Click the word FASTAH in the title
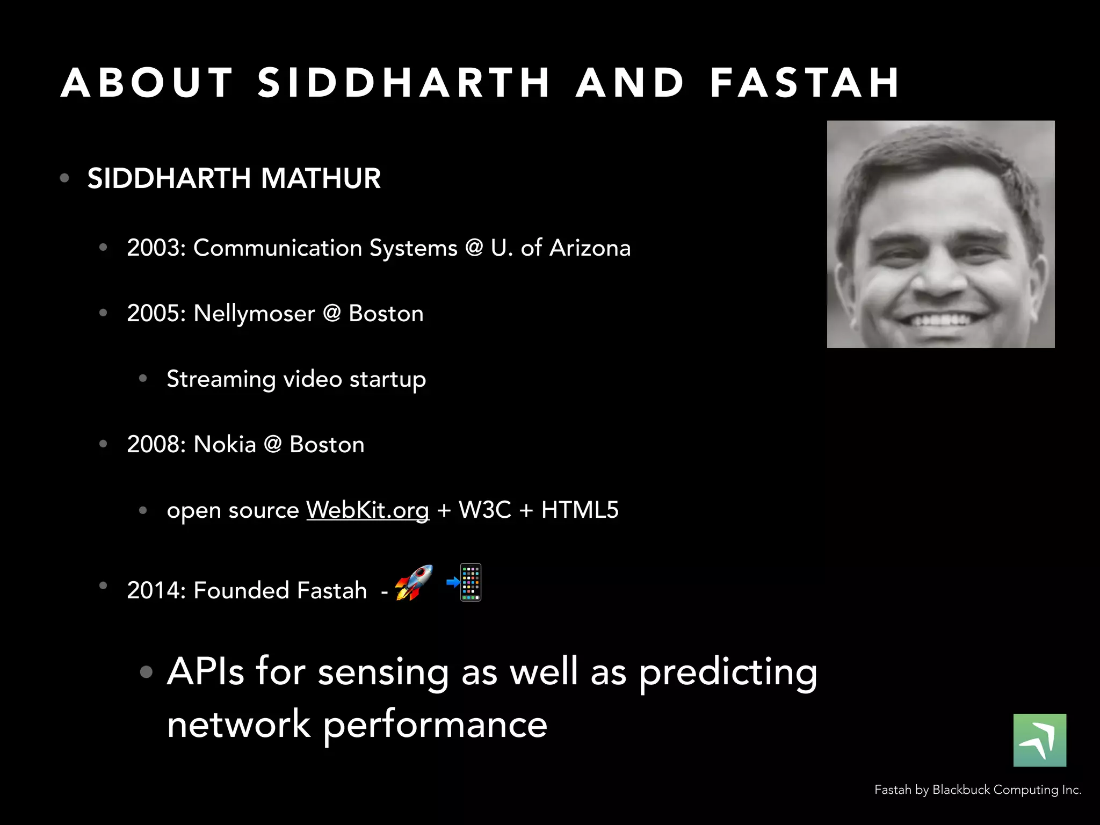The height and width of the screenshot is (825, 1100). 804,83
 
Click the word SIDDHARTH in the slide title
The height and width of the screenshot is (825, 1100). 404,83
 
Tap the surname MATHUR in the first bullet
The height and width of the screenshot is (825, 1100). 321,178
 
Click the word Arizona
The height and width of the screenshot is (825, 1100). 590,248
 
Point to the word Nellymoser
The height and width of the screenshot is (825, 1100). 254,314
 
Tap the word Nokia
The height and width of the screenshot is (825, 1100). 225,445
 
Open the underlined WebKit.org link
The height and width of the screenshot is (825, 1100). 367,510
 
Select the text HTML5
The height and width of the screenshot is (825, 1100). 580,510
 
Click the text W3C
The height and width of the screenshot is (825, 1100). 484,510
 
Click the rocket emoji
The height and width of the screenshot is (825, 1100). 414,583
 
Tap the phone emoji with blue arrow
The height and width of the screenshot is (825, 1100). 465,582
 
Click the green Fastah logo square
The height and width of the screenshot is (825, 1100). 1039,740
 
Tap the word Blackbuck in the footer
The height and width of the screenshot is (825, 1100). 961,790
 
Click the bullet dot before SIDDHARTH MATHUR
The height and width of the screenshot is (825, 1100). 65,178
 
